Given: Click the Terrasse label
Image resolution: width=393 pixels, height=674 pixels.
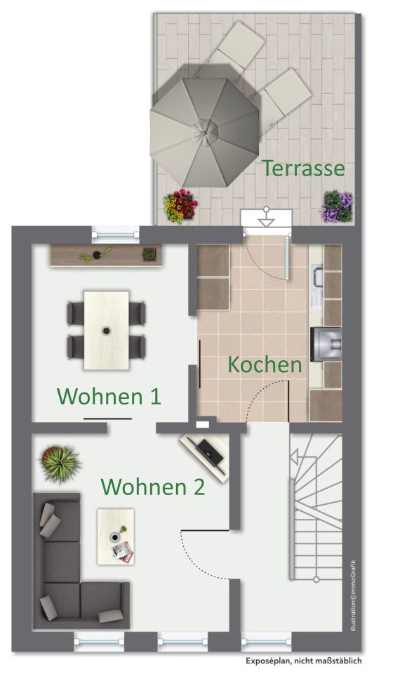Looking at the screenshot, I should point(304,168).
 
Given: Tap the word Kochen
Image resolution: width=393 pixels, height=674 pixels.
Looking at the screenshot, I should point(265,364).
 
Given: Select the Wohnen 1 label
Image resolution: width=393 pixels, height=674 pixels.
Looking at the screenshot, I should point(109,396).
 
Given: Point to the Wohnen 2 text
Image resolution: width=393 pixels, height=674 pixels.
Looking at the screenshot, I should point(153,486).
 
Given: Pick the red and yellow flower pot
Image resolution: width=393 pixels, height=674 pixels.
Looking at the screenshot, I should point(180,206).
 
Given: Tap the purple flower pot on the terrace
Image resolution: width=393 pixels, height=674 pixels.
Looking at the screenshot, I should point(337,206).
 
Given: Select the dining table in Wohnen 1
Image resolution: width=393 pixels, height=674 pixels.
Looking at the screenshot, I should point(106,330).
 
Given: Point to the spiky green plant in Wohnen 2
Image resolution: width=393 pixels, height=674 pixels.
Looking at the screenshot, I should point(59,462).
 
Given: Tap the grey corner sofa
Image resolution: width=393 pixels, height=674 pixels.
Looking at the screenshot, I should point(67,569).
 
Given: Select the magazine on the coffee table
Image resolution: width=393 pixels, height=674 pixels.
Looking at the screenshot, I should point(124,553).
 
